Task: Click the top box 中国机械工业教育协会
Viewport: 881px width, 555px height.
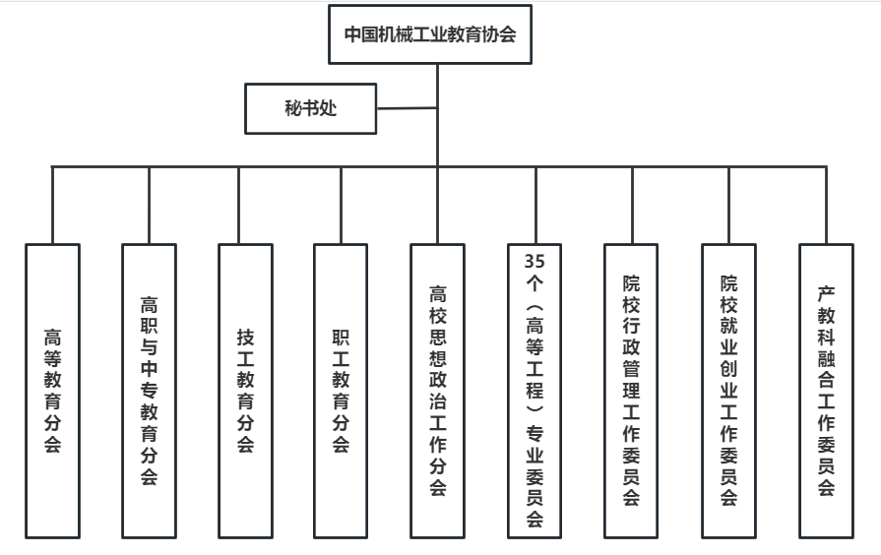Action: point(430,34)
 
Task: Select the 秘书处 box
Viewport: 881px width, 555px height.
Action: point(311,108)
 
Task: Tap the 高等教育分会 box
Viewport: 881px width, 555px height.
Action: point(53,391)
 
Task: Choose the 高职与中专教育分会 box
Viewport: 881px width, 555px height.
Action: point(149,391)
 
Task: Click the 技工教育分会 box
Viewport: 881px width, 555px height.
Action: point(245,391)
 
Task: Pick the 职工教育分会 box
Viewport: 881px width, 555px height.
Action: point(341,391)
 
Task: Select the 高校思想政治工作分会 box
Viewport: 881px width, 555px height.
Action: point(438,391)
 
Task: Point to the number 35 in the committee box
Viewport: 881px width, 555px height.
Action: point(535,261)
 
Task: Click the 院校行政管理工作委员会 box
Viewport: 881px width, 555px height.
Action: point(631,391)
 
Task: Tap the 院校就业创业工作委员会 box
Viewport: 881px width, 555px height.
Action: point(728,391)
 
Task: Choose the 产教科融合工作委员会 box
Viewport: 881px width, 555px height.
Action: point(827,391)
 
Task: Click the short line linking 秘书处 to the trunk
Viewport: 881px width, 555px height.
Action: point(407,108)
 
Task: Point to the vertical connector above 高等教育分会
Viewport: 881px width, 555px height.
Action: point(53,205)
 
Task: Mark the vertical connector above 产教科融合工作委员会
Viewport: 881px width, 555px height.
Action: point(827,205)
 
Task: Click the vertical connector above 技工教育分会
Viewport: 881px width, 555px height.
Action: point(239,205)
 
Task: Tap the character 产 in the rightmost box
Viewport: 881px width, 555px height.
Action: point(826,293)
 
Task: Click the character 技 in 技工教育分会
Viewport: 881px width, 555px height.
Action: point(245,338)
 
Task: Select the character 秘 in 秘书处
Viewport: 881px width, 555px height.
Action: point(293,108)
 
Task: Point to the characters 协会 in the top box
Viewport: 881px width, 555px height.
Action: point(498,34)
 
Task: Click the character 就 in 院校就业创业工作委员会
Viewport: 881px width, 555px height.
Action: point(728,326)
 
